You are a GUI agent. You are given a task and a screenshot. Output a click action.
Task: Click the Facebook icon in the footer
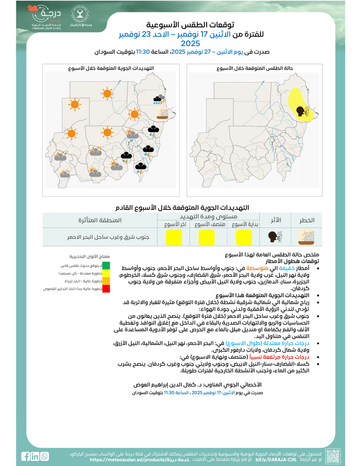pos(27,456)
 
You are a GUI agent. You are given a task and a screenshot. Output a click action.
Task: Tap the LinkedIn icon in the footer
pos(36,456)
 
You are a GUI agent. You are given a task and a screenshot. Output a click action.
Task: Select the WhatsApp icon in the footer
pos(45,456)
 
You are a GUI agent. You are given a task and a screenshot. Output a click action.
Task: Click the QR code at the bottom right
pos(333,456)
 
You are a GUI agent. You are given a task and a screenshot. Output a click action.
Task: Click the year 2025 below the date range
pos(190,44)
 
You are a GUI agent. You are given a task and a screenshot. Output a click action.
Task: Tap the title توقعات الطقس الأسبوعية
pos(190,24)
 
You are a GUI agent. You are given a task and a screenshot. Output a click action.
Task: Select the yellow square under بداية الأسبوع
pos(243,236)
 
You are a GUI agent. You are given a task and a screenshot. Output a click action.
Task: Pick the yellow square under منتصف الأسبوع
pos(206,236)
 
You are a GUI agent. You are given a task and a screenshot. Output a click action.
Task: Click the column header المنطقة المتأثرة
pos(100,220)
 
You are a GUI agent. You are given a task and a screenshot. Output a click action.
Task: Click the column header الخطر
pos(306,220)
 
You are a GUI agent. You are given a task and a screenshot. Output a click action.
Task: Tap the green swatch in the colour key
pos(106,266)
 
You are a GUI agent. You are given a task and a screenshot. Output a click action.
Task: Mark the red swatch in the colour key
pos(106,289)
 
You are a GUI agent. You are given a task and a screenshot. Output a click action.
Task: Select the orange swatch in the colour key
pos(106,281)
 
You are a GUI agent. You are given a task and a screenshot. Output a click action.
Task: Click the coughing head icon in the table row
pos(274,236)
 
